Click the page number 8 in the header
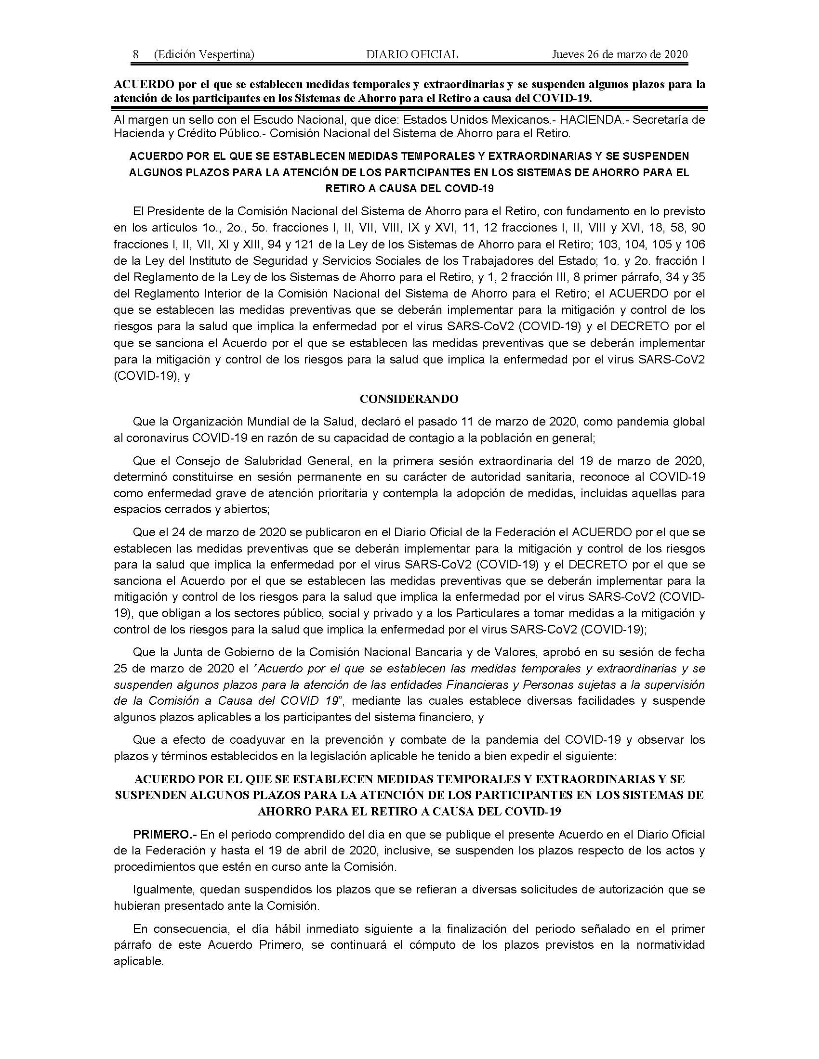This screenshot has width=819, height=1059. coord(136,54)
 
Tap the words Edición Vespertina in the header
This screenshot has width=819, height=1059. coord(204,54)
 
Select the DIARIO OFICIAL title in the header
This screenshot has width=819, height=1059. coord(412,54)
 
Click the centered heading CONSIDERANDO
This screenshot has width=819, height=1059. coord(409,399)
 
